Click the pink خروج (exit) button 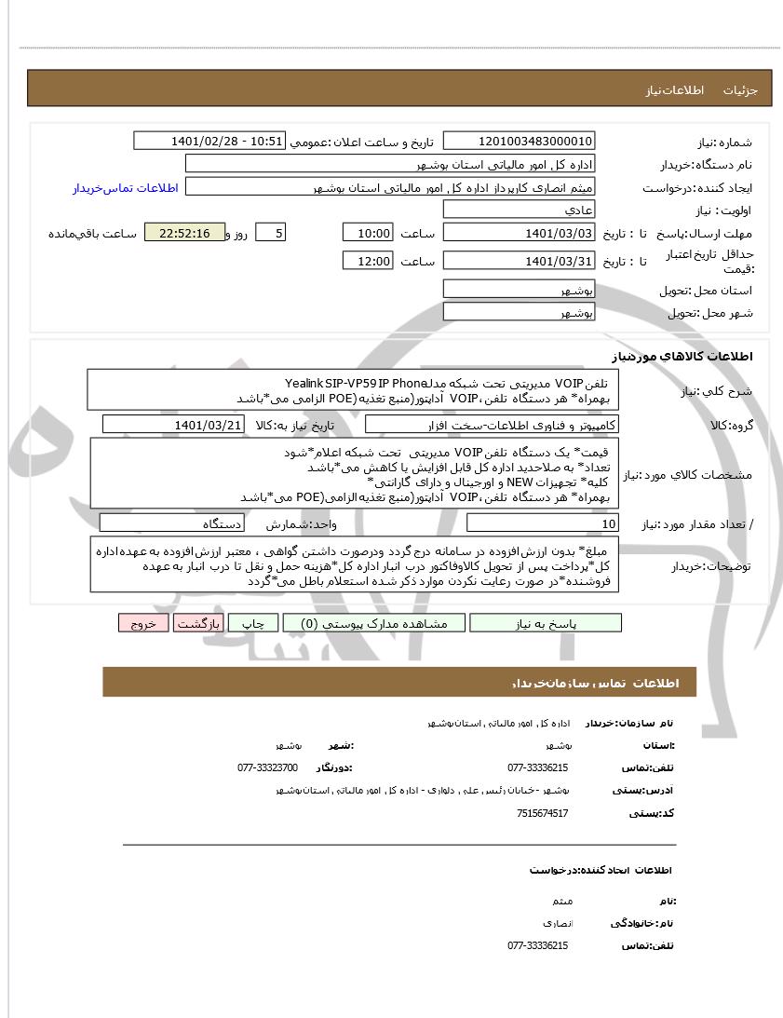[143, 623]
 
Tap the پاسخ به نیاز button [546, 623]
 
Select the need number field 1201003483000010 [519, 141]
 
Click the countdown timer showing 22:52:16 [184, 233]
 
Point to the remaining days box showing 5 [269, 233]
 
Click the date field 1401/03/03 [519, 233]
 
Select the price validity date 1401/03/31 [519, 262]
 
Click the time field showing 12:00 [368, 262]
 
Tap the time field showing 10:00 [368, 233]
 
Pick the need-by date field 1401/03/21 [174, 425]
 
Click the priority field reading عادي [519, 210]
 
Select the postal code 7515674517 [542, 813]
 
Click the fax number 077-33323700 [267, 767]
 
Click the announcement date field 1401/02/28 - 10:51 [209, 141]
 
